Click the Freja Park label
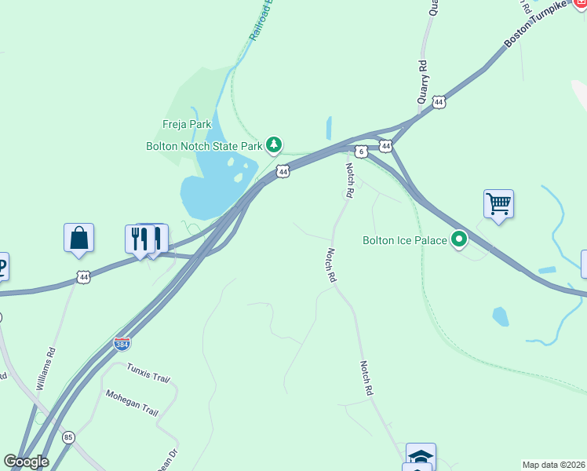pos(187,124)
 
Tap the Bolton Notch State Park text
pos(203,145)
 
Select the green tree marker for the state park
pos(274,144)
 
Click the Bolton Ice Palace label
pos(404,240)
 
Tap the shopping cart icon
pos(498,204)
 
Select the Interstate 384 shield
pos(119,343)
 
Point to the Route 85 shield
pos(69,437)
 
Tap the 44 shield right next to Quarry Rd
pos(439,102)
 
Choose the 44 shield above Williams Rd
pos(82,276)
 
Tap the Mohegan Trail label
pos(132,403)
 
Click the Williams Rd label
pos(46,370)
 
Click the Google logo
pos(26,462)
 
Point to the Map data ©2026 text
pos(554,464)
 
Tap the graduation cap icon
pos(421,456)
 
